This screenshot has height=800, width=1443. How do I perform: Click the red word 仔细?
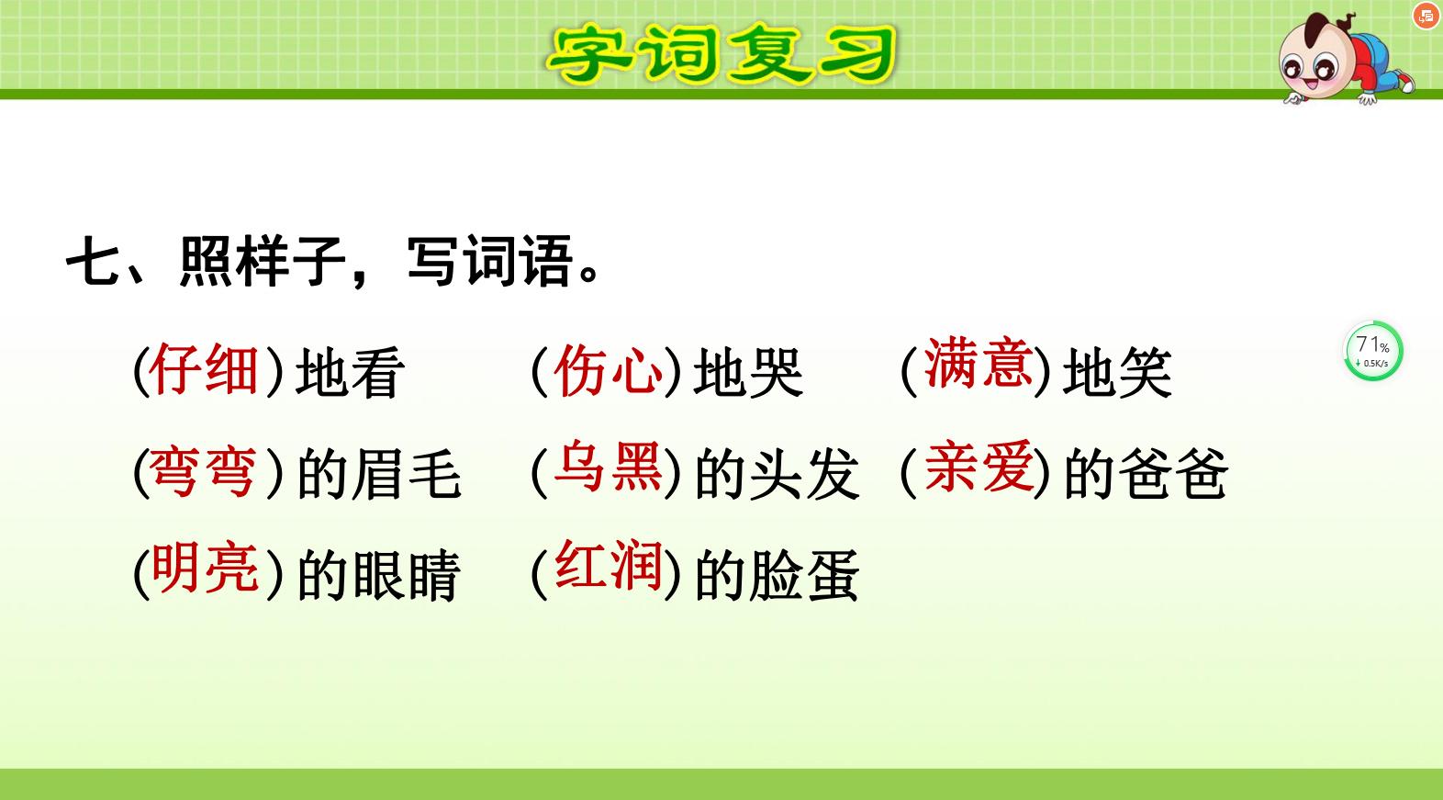[x=204, y=369]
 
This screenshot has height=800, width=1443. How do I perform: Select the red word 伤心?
[x=609, y=370]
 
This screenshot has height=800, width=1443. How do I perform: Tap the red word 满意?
[x=978, y=364]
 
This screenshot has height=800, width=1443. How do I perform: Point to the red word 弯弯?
[x=204, y=473]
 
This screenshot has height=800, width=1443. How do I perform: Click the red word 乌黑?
[x=609, y=468]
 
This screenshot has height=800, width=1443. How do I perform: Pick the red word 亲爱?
[x=978, y=468]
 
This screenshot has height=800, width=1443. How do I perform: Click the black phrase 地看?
[x=350, y=374]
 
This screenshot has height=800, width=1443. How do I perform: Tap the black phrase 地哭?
[x=748, y=374]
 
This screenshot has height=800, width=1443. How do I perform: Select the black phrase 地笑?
[x=1117, y=374]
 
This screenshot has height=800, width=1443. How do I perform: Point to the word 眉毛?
[x=407, y=476]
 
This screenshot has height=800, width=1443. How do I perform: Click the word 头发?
[x=804, y=476]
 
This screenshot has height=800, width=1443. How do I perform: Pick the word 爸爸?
[x=1173, y=476]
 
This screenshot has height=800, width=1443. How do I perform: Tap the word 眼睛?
[x=407, y=576]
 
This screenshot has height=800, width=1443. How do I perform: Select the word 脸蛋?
[x=804, y=576]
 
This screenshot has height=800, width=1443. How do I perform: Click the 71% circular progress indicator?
[x=1373, y=351]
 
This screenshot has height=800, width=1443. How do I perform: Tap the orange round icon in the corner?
[x=1426, y=16]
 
